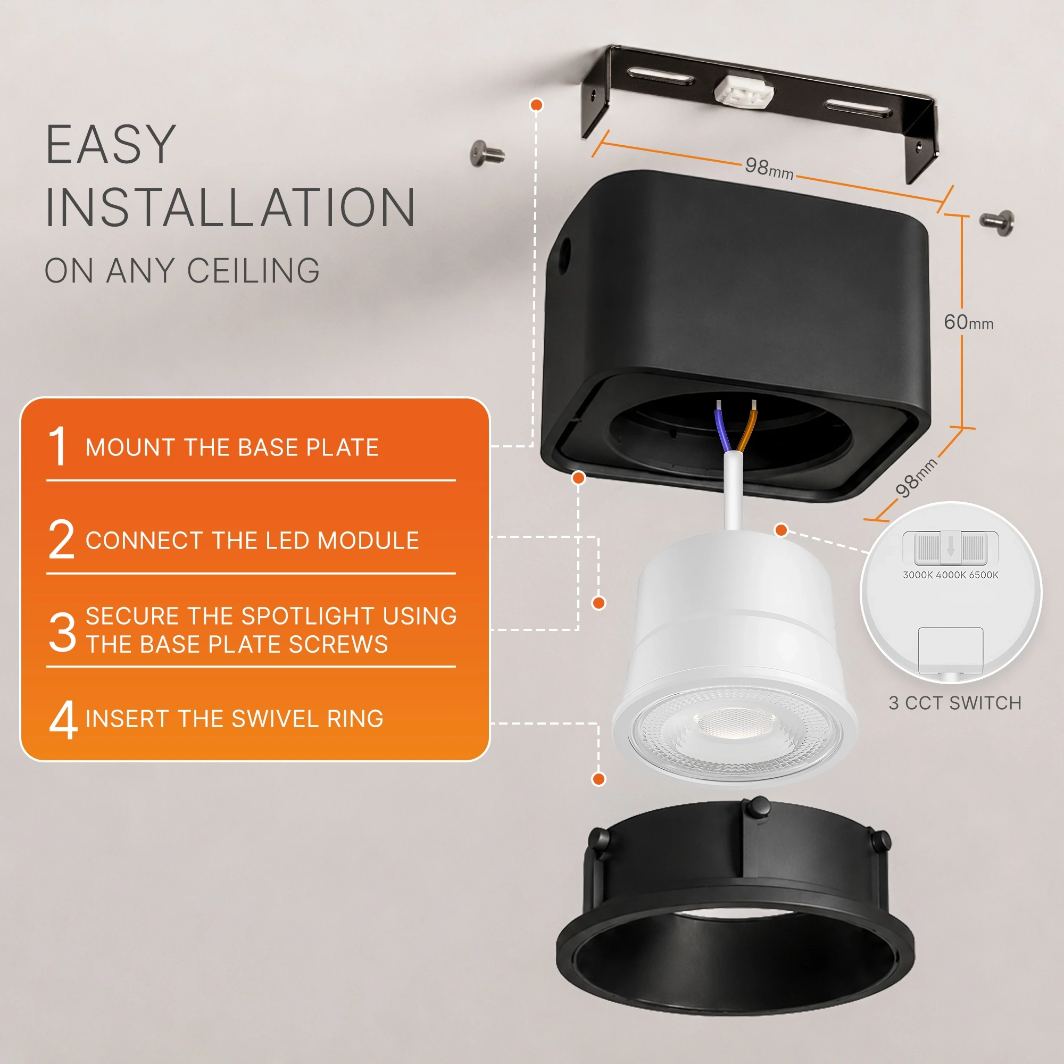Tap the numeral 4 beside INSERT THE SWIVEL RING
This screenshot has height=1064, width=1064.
[63, 719]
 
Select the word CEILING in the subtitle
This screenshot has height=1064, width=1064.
[253, 270]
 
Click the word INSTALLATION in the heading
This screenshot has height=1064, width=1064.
[230, 207]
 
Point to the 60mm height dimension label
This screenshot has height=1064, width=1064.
[968, 322]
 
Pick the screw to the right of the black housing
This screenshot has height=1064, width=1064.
[997, 222]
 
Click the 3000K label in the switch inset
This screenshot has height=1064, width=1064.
[918, 575]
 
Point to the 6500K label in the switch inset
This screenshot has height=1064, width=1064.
[984, 575]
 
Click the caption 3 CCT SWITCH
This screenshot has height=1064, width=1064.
[955, 703]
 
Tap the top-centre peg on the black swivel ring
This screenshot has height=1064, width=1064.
[760, 808]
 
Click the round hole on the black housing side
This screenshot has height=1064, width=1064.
[564, 256]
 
